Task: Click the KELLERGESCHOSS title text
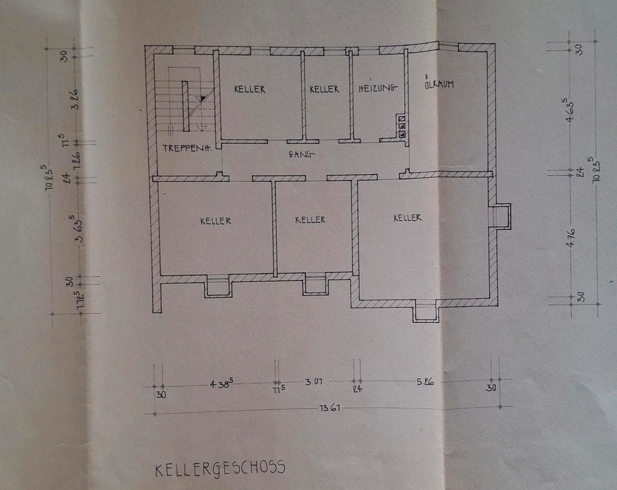220,468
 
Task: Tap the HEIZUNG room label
378,89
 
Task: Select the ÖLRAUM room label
440,85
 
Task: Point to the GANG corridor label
301,154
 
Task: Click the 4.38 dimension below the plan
220,383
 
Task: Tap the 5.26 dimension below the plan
425,382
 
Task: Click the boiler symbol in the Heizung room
402,127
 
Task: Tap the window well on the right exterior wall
500,216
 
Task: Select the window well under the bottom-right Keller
425,312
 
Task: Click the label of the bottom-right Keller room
407,218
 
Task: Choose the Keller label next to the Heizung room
324,89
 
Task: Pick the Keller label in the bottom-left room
215,220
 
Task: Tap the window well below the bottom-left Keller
219,286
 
